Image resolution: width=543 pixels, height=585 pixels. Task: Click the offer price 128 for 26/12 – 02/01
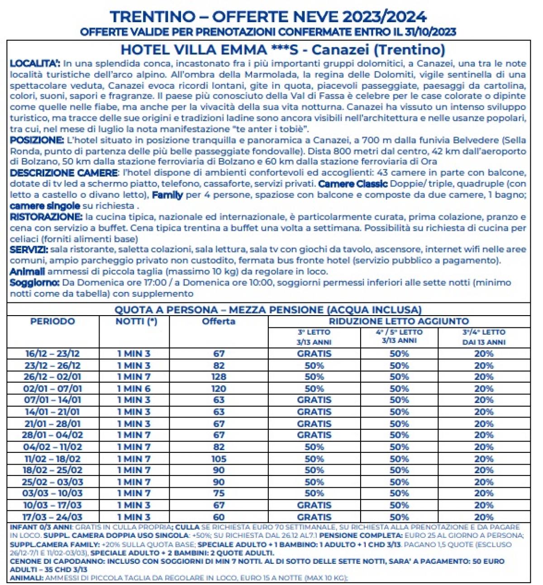point(219,377)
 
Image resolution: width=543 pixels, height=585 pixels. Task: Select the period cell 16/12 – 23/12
point(52,354)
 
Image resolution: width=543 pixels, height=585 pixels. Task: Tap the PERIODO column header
point(52,321)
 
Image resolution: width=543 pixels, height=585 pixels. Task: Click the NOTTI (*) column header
point(136,321)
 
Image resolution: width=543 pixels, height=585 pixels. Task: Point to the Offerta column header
point(219,321)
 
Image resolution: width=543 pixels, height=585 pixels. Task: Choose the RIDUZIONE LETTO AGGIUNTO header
point(399,321)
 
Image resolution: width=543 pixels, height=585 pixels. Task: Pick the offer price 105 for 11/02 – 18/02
point(219,459)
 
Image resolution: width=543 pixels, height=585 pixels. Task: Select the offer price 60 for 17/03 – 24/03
point(219,517)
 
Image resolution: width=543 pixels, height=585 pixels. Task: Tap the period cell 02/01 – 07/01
point(52,388)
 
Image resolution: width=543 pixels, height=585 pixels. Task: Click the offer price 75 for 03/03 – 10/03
point(219,493)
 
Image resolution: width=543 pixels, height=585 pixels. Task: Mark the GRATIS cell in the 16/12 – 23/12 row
point(314,354)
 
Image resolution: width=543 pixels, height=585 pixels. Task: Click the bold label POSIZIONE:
point(37,140)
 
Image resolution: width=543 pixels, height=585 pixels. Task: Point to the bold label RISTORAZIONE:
point(46,217)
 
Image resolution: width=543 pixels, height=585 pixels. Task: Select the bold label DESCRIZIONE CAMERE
point(63,173)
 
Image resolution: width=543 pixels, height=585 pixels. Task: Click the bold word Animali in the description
point(27,272)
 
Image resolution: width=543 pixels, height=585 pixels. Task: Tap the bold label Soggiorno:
point(34,283)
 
